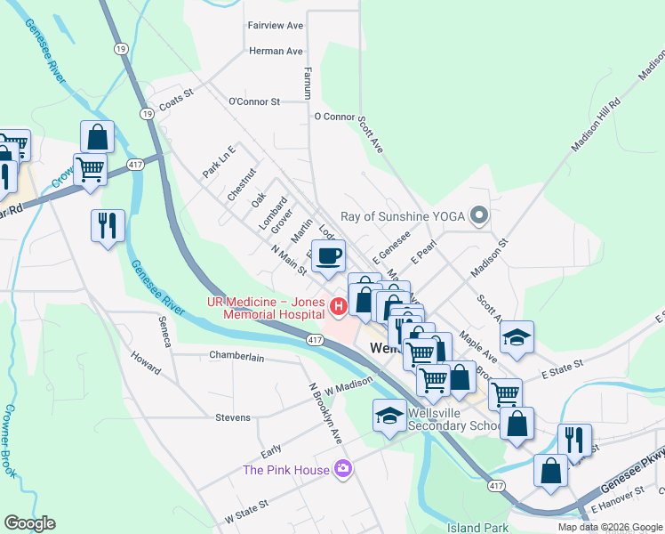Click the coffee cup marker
pyautogui.click(x=329, y=256)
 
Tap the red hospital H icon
pyautogui.click(x=338, y=308)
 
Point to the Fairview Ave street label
pyautogui.click(x=276, y=26)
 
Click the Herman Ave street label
pyautogui.click(x=276, y=52)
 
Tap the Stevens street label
pyautogui.click(x=233, y=417)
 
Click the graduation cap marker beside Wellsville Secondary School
pyautogui.click(x=389, y=416)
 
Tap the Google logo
pyautogui.click(x=30, y=522)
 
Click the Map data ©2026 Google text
pyautogui.click(x=609, y=527)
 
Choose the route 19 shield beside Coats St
pyautogui.click(x=146, y=113)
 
